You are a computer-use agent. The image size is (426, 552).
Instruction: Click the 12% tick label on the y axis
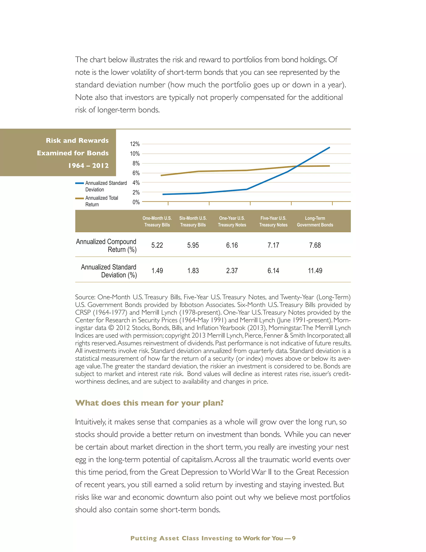pyautogui.click(x=135, y=144)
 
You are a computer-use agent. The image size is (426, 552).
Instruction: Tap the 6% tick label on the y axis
pyautogui.click(x=136, y=173)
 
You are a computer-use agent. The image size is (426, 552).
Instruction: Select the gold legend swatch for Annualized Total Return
pyautogui.click(x=79, y=198)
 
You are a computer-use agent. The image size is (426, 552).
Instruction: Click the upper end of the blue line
pyautogui.click(x=329, y=147)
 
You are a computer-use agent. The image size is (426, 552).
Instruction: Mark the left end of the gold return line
pyautogui.click(x=161, y=175)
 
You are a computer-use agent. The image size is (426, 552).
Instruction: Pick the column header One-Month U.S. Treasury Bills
pyautogui.click(x=157, y=221)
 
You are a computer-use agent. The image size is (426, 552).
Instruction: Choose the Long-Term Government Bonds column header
pyautogui.click(x=315, y=221)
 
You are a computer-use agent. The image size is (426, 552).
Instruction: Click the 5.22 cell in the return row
pyautogui.click(x=157, y=245)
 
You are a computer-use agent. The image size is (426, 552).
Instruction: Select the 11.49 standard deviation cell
pyautogui.click(x=315, y=271)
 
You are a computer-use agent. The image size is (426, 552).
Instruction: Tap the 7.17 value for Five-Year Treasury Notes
pyautogui.click(x=273, y=245)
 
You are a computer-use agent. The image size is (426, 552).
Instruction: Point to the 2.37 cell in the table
pyautogui.click(x=232, y=271)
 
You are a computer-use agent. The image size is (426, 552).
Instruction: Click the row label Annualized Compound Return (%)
pyautogui.click(x=106, y=245)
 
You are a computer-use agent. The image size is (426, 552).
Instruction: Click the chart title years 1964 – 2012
pyautogui.click(x=88, y=166)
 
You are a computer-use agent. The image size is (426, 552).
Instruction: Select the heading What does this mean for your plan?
pyautogui.click(x=149, y=403)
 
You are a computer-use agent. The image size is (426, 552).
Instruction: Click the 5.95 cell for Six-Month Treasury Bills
pyautogui.click(x=193, y=245)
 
